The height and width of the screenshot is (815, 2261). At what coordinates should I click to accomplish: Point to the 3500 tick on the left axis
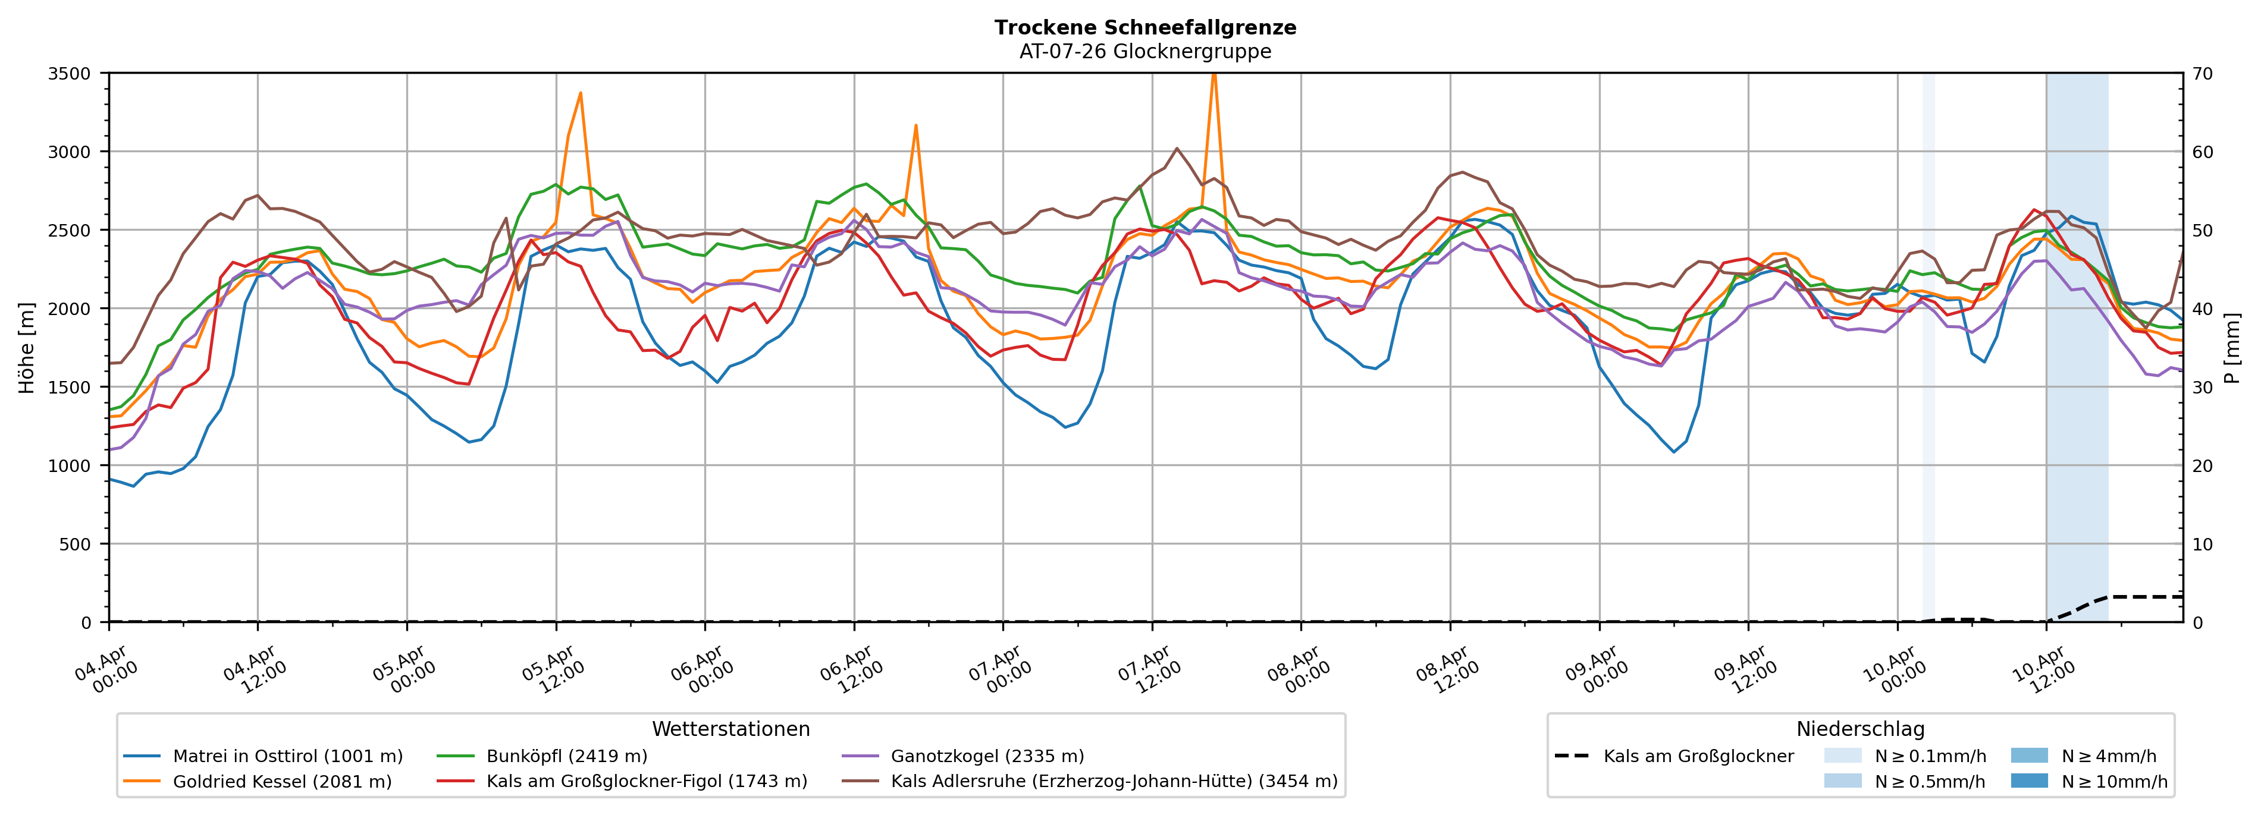pyautogui.click(x=70, y=74)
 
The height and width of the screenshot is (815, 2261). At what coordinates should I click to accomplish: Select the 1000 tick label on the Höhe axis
pyautogui.click(x=70, y=466)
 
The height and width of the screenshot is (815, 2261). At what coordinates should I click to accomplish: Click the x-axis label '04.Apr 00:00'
pyautogui.click(x=107, y=669)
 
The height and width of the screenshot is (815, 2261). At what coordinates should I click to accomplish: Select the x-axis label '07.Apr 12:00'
pyautogui.click(x=1150, y=669)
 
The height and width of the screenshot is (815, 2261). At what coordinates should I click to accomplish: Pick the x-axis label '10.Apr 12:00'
pyautogui.click(x=2044, y=669)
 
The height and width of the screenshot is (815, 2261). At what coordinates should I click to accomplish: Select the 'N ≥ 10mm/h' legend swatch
pyautogui.click(x=2028, y=781)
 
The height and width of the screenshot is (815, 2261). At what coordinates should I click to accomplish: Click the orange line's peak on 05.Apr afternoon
pyautogui.click(x=580, y=93)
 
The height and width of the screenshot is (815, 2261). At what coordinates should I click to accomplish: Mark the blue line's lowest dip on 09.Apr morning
pyautogui.click(x=1674, y=452)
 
